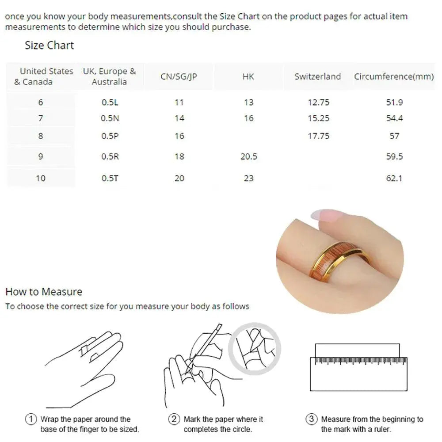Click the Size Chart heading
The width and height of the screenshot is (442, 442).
tap(49, 46)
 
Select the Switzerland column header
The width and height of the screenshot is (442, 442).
tap(318, 76)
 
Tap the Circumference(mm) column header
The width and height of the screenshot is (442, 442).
tap(393, 76)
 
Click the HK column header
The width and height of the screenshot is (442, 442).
tap(248, 76)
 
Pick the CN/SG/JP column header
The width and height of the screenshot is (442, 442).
tap(179, 76)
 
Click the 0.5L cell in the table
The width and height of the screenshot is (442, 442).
tap(110, 103)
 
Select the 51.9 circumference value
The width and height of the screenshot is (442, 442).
tap(394, 103)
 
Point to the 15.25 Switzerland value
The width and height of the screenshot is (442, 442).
tap(318, 118)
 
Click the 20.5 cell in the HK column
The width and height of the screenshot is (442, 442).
tap(248, 156)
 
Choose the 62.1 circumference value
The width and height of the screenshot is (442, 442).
tap(394, 179)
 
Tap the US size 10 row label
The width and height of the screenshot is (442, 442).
tap(41, 179)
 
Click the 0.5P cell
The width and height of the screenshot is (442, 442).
tap(110, 136)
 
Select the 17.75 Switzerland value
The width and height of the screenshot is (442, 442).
tap(318, 136)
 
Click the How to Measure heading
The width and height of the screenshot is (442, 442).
tap(44, 292)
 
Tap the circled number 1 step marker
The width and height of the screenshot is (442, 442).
tap(31, 419)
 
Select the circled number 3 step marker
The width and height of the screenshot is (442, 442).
tap(312, 419)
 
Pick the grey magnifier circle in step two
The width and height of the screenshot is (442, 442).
tap(255, 348)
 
